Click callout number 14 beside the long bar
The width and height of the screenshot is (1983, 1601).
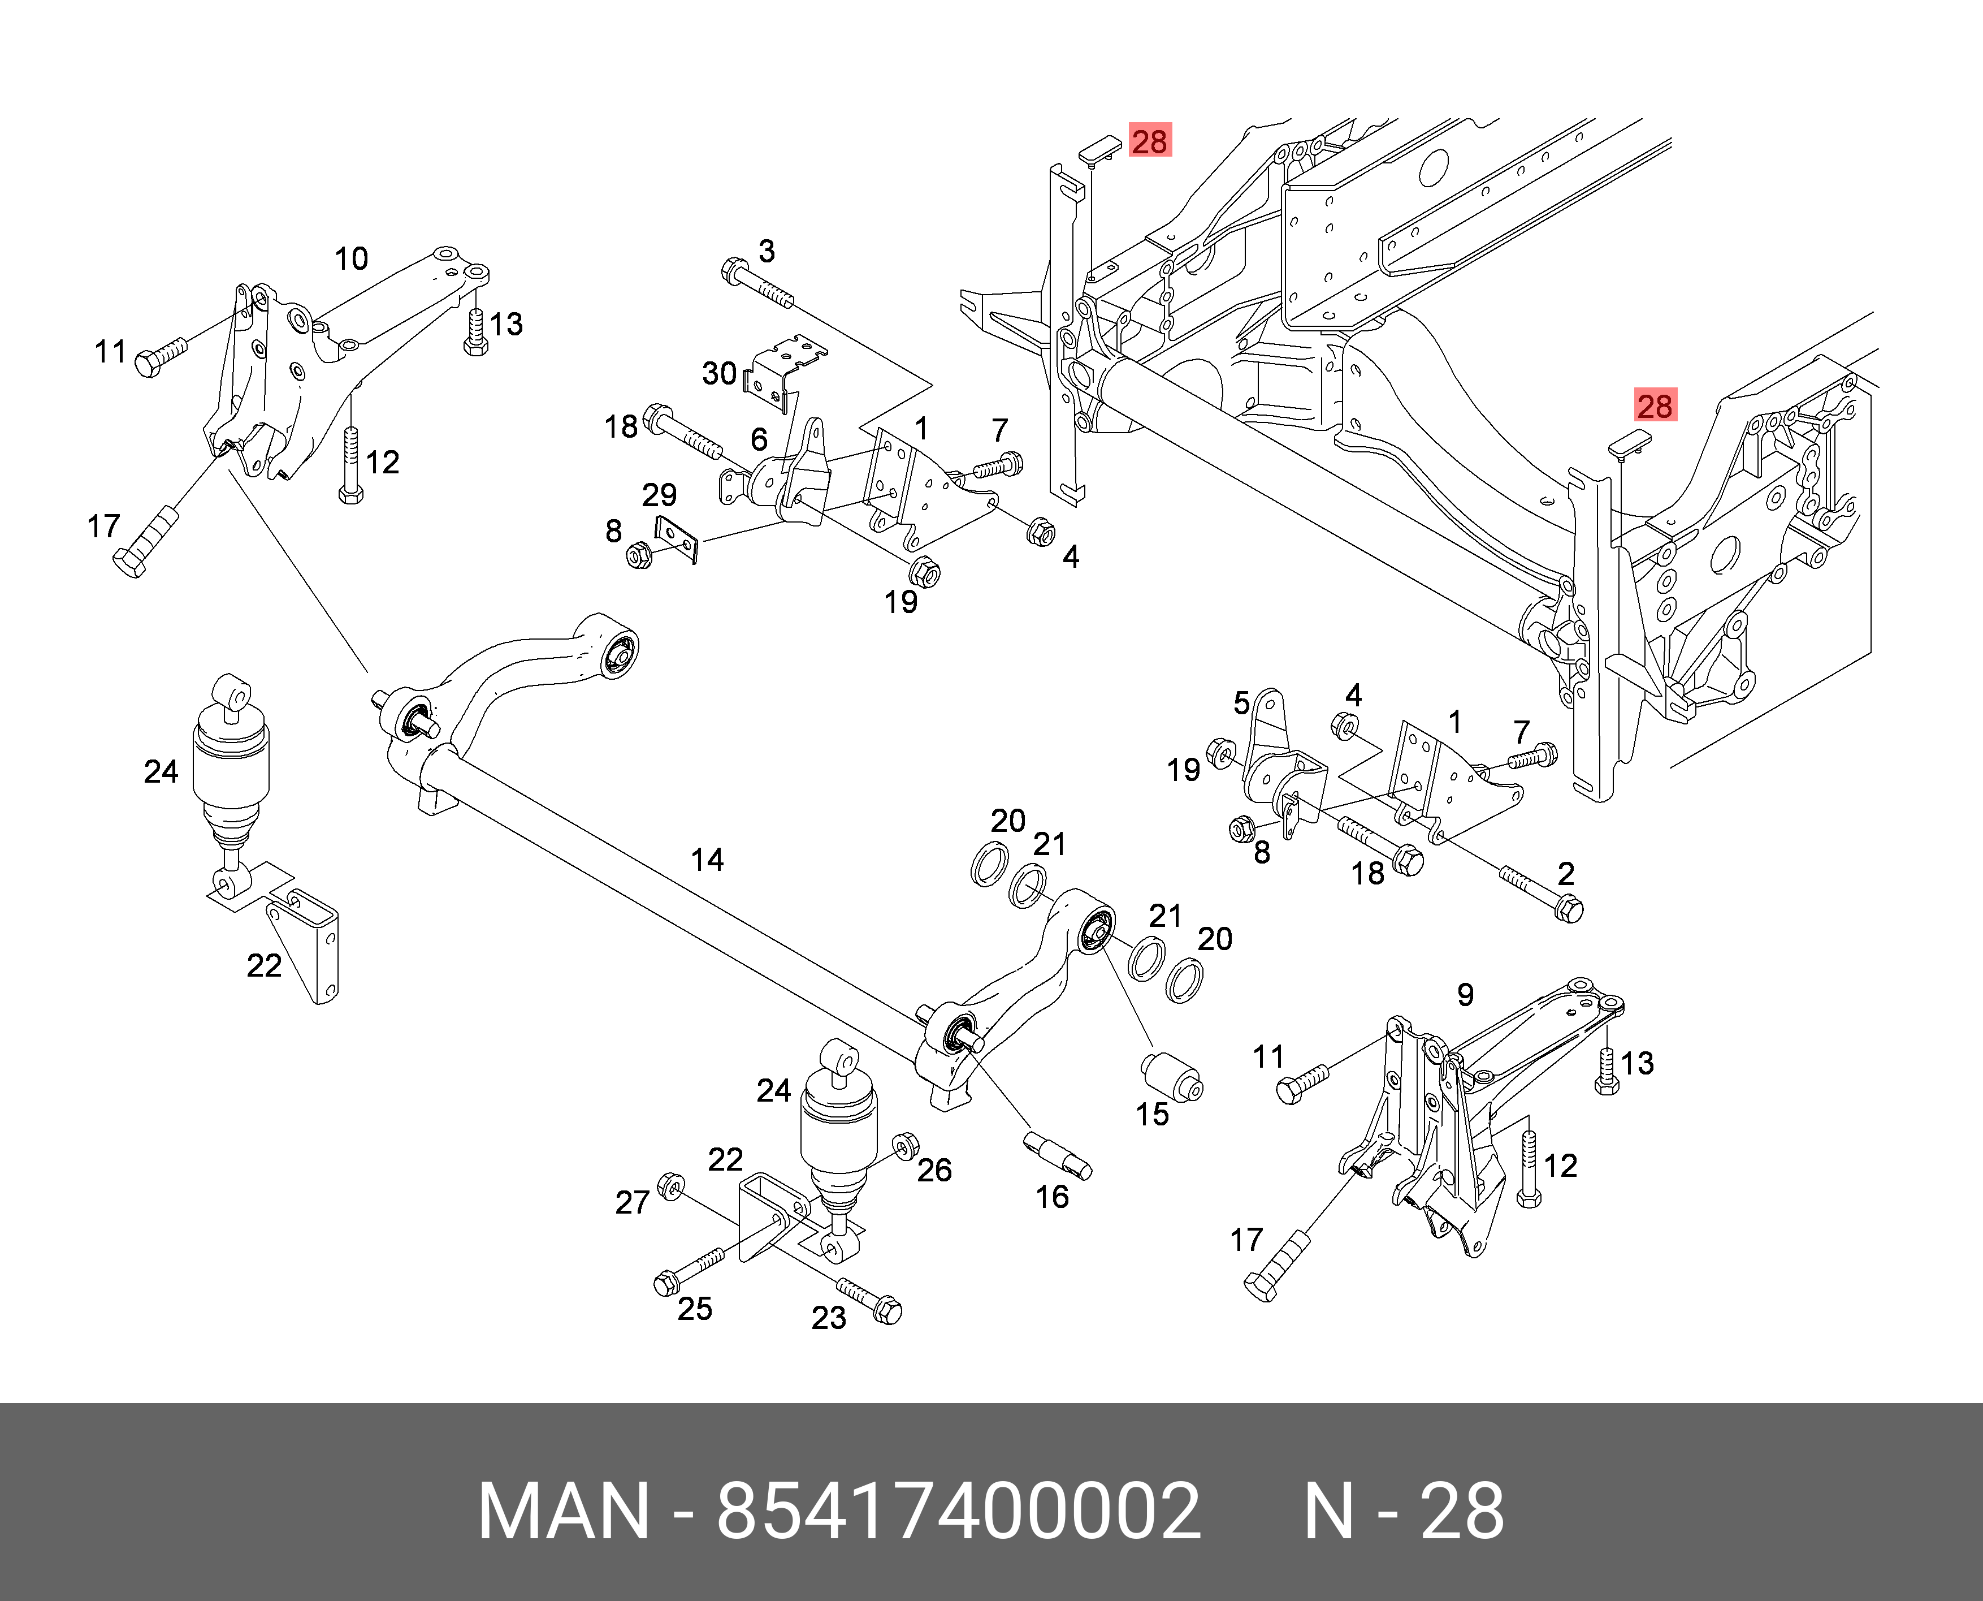click(x=707, y=860)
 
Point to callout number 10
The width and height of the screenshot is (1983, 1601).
click(x=351, y=259)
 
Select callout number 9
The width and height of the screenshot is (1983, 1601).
click(x=1465, y=994)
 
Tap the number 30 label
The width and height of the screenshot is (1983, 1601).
click(x=719, y=373)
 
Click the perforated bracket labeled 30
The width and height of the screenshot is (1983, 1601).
click(x=783, y=369)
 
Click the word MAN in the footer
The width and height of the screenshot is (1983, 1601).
click(x=563, y=1512)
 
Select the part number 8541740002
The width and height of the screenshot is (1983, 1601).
click(x=959, y=1512)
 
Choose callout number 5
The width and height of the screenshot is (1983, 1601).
click(x=1242, y=704)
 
